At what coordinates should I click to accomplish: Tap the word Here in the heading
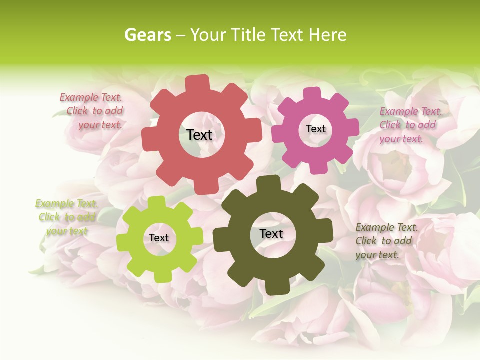pyautogui.click(x=327, y=35)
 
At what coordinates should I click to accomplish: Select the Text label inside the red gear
pyautogui.click(x=199, y=135)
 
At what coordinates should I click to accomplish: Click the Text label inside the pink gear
pyautogui.click(x=315, y=129)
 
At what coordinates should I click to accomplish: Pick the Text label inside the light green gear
pyautogui.click(x=159, y=238)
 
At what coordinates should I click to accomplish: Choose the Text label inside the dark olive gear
pyautogui.click(x=271, y=233)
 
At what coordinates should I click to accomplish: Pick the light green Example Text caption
pyautogui.click(x=66, y=217)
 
